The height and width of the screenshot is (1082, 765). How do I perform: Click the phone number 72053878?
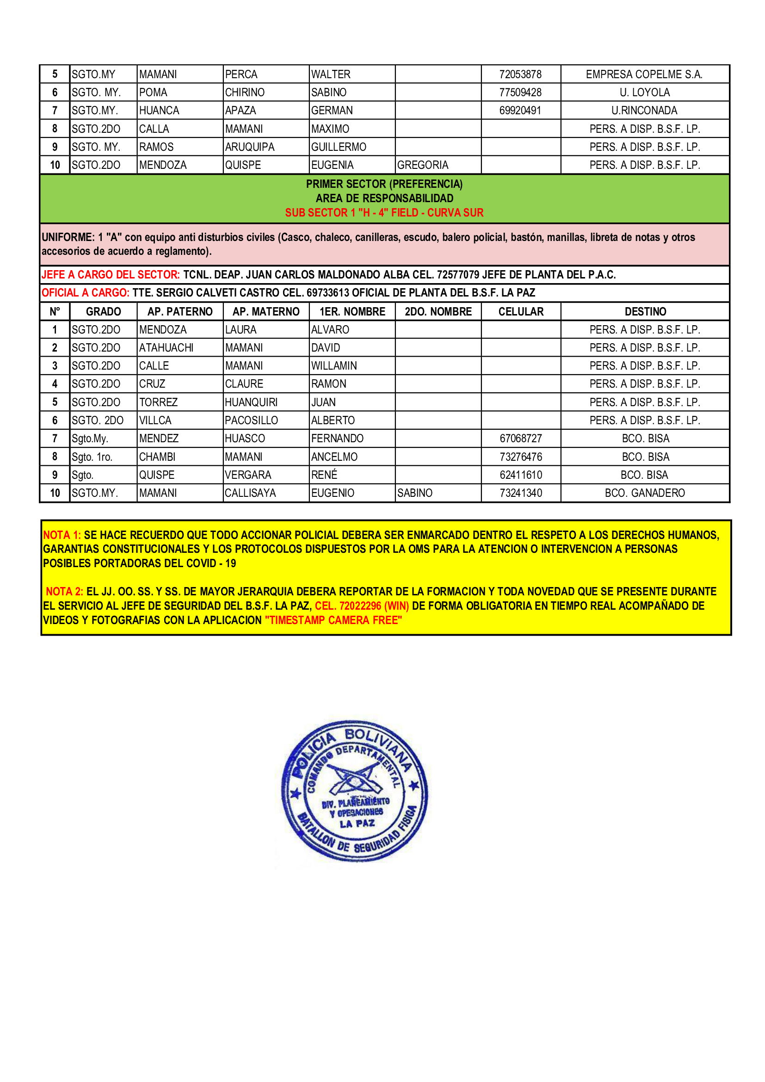click(x=520, y=74)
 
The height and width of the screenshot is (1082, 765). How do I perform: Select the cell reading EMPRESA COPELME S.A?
click(x=644, y=74)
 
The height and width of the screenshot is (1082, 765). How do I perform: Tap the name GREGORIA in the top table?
click(x=423, y=165)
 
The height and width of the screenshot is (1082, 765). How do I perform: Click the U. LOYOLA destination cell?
click(x=644, y=93)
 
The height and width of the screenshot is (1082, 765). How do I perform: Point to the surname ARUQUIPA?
click(x=250, y=147)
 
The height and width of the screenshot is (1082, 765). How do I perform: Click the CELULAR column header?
click(x=520, y=311)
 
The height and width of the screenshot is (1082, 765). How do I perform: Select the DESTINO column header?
click(x=645, y=311)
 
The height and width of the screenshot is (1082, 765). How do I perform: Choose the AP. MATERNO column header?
click(x=265, y=311)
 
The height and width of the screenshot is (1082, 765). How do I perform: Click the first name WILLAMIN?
click(x=334, y=366)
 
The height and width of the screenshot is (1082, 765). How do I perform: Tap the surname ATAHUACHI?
click(x=167, y=348)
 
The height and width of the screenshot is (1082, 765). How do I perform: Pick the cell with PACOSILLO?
click(x=251, y=420)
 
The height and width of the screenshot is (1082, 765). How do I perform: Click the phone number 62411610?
click(x=520, y=475)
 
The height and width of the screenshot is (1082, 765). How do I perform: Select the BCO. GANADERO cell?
click(x=644, y=493)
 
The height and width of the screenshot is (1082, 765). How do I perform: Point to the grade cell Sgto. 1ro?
click(x=92, y=457)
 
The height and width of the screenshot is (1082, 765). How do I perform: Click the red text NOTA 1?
click(x=62, y=535)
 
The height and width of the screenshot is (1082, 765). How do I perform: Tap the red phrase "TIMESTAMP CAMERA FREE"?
click(x=333, y=620)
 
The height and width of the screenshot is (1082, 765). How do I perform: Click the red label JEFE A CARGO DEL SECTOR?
click(x=111, y=275)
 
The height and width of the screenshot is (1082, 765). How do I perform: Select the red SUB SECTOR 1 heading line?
click(x=384, y=212)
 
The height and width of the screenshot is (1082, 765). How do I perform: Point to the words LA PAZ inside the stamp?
click(x=357, y=823)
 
